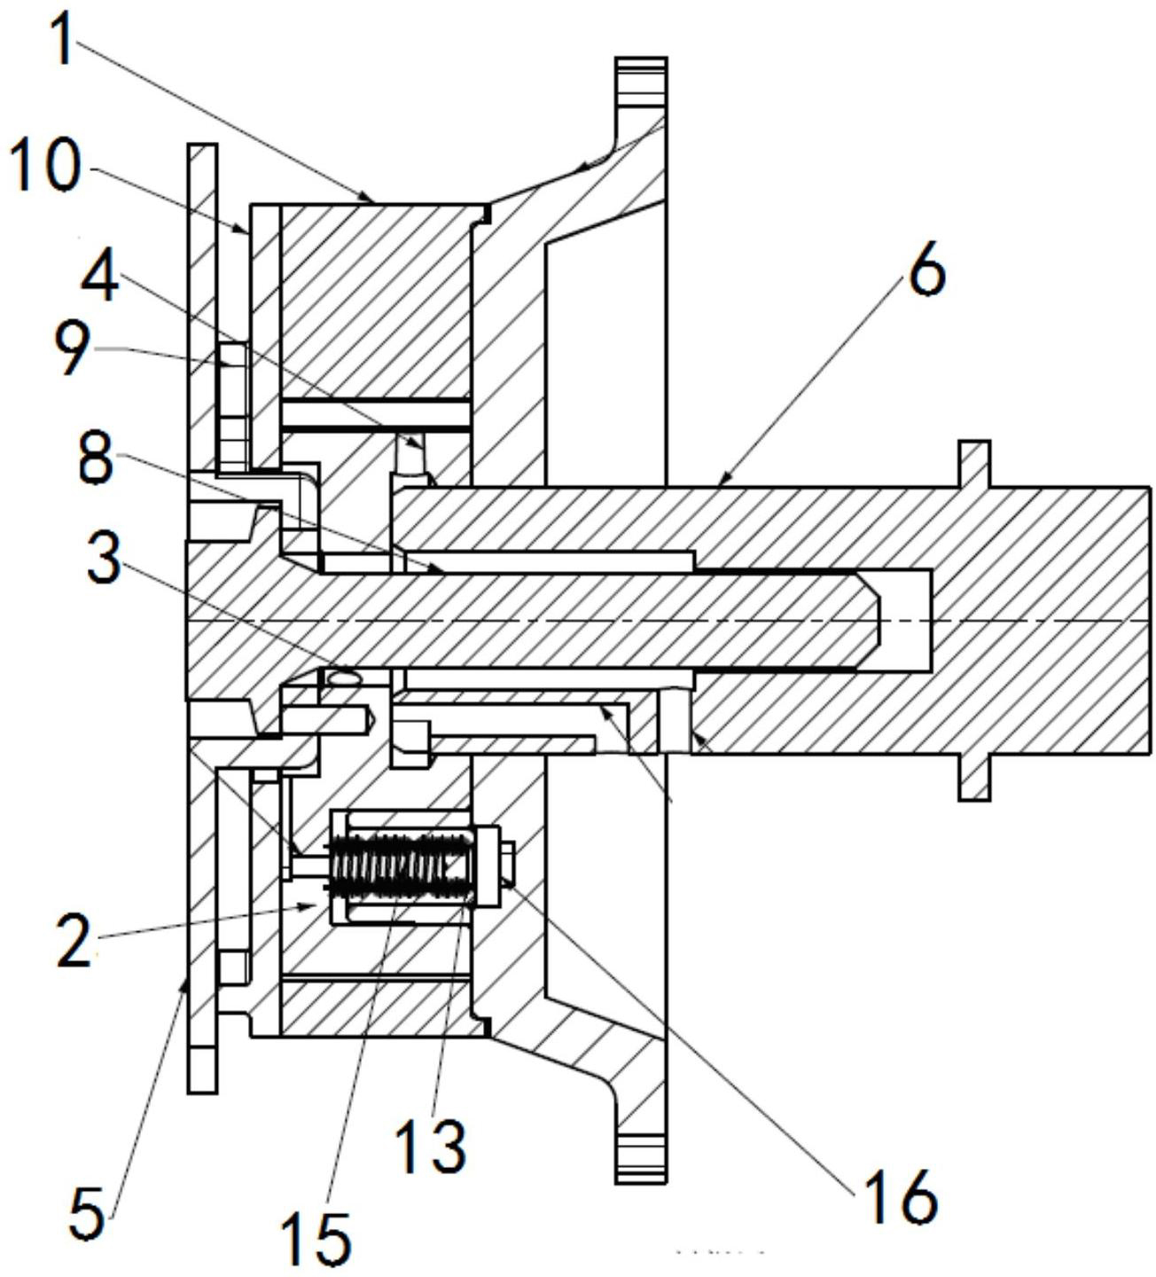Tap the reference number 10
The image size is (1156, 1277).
coord(49,169)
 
